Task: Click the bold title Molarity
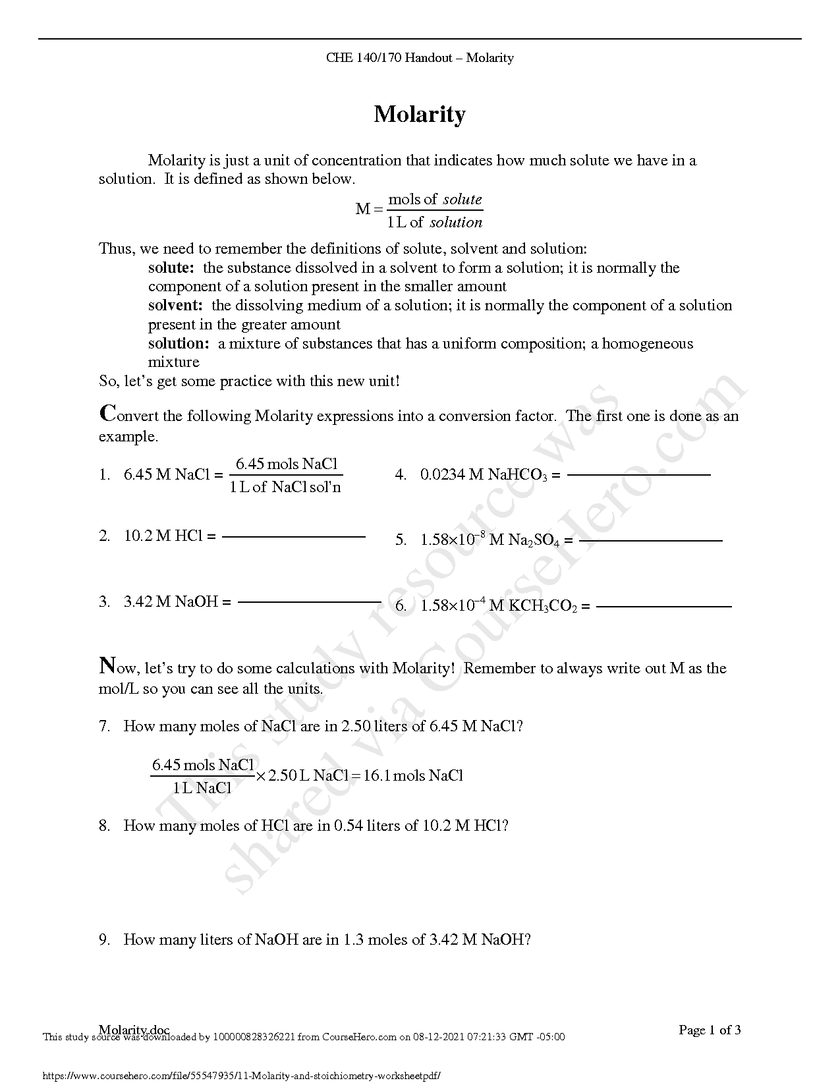coord(420,115)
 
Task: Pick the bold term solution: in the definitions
coord(179,344)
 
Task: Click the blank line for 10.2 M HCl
coord(293,537)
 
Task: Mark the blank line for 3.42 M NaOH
coord(309,602)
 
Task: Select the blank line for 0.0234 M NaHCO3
coord(638,474)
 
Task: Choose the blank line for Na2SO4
coord(650,541)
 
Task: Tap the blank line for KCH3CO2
coord(663,606)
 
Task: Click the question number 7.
coord(104,727)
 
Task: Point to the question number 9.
coord(104,940)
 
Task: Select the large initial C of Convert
coord(107,414)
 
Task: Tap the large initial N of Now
coord(108,665)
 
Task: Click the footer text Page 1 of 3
coord(710,1030)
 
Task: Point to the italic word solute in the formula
coord(462,200)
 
